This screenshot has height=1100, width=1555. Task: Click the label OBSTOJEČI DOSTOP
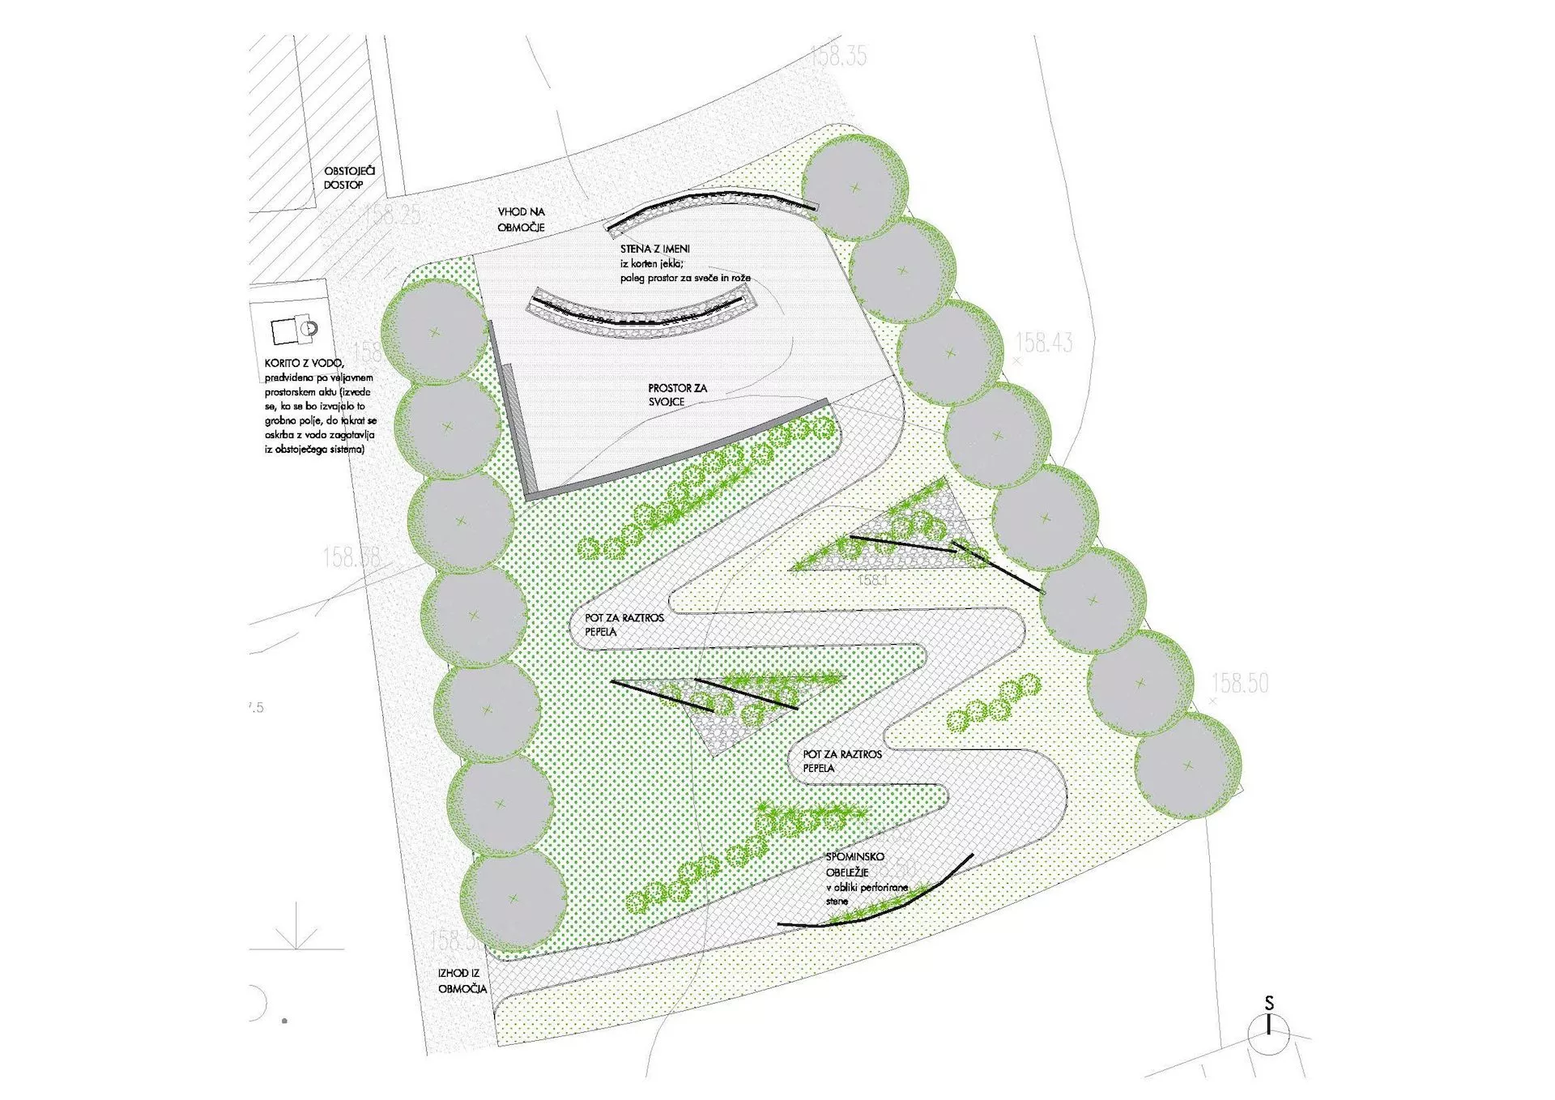[x=349, y=178]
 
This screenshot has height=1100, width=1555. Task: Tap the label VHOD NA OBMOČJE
[x=521, y=220]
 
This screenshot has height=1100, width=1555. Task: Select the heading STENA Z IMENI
[x=655, y=249]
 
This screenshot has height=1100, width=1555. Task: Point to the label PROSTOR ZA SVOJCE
[x=677, y=394]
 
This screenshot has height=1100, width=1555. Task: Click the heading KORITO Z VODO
[x=304, y=364]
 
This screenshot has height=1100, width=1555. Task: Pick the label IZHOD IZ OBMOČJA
[x=462, y=981]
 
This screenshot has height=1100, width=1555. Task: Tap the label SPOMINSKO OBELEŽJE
[x=854, y=864]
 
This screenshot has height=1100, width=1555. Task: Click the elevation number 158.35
[x=838, y=56]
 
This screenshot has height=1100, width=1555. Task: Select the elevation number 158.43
[x=1044, y=343]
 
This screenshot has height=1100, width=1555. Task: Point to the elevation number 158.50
[x=1240, y=684]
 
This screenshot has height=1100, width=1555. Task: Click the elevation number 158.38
[x=351, y=557]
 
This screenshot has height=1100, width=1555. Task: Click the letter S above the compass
[x=1269, y=1003]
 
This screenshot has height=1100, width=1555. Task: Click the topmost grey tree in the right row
[x=855, y=187]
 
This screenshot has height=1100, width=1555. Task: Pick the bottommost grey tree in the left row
[x=513, y=898]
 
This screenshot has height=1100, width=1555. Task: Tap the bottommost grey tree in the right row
[x=1187, y=765]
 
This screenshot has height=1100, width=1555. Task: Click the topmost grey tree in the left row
[x=435, y=331]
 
